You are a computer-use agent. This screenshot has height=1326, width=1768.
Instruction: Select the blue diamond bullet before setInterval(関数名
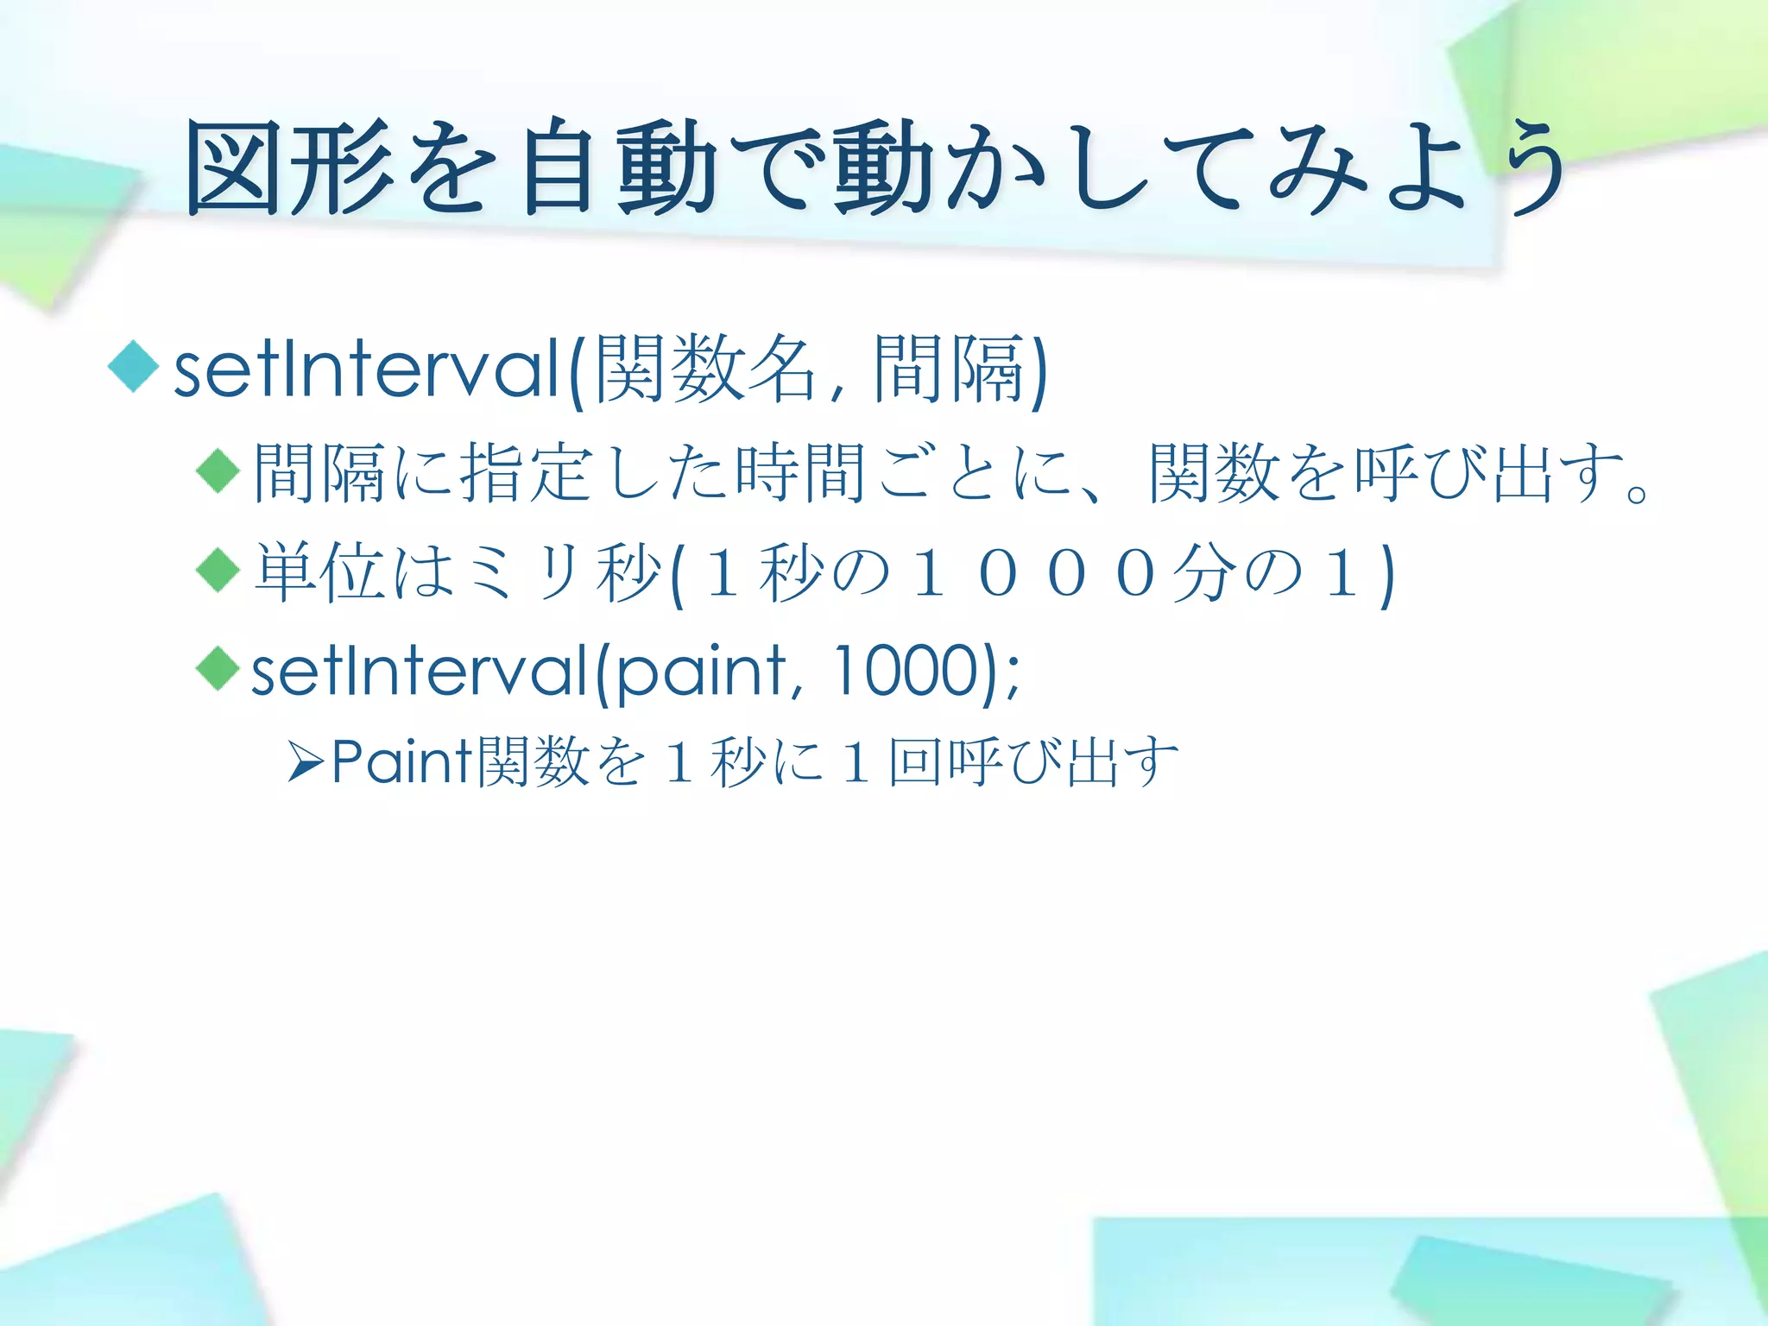(134, 366)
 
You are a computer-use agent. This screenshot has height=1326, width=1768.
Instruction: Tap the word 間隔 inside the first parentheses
(950, 369)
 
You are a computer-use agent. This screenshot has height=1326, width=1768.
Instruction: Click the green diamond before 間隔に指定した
(218, 471)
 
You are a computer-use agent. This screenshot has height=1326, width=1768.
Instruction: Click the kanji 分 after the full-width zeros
(1204, 572)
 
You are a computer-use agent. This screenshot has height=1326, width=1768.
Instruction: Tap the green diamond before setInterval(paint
(218, 668)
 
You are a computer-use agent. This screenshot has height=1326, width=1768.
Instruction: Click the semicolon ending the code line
(1012, 677)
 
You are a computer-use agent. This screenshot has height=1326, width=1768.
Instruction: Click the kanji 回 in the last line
(914, 761)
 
